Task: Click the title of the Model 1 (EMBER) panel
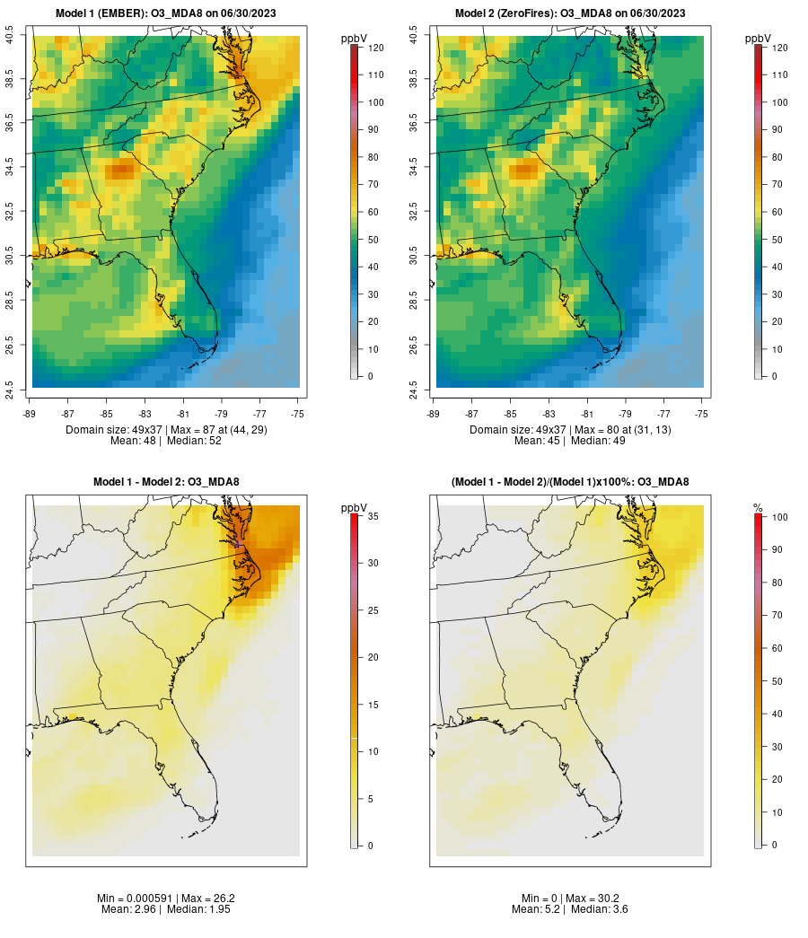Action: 166,13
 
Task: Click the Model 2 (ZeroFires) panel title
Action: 570,13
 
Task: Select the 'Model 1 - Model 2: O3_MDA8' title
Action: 166,482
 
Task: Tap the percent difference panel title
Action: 570,482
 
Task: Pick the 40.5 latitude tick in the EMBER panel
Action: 9,36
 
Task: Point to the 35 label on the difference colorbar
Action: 372,516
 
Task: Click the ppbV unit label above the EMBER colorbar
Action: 355,38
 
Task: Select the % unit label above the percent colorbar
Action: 758,508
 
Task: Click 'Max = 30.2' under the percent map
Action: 593,898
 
